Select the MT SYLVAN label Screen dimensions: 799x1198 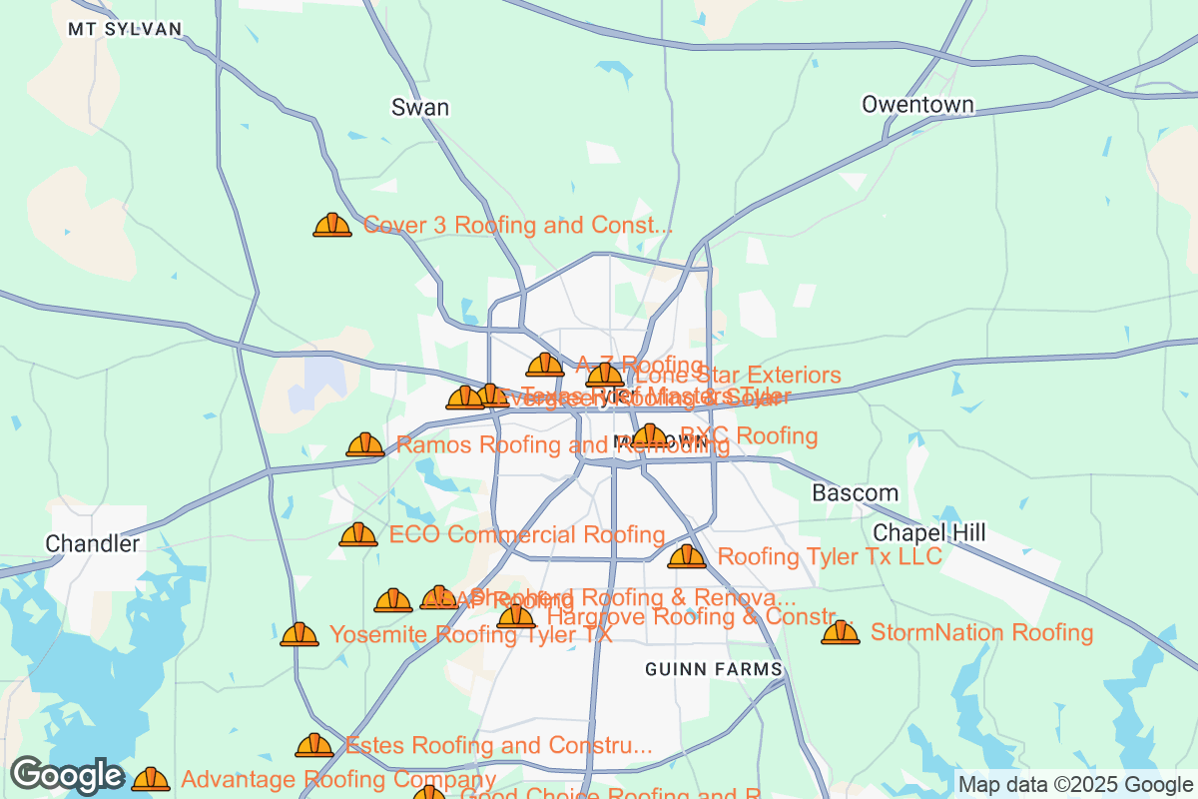click(125, 29)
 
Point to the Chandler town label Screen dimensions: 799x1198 click(93, 544)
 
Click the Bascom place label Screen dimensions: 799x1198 click(855, 493)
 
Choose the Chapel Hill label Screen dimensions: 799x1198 click(929, 533)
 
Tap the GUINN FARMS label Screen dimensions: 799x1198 click(713, 669)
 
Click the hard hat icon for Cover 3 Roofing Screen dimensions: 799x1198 click(332, 226)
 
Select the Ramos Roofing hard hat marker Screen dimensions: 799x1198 click(365, 445)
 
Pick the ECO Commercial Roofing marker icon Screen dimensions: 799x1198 click(358, 535)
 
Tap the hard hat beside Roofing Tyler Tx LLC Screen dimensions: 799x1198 click(687, 557)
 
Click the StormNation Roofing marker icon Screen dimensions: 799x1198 click(841, 633)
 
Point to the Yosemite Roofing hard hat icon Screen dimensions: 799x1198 click(299, 635)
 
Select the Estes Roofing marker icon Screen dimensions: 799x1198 click(314, 746)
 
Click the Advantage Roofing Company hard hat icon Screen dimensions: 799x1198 click(151, 779)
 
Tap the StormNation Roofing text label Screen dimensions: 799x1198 click(981, 632)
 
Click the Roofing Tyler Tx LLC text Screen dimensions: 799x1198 click(830, 556)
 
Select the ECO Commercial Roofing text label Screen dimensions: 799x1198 click(527, 534)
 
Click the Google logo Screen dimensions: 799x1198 click(66, 775)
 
